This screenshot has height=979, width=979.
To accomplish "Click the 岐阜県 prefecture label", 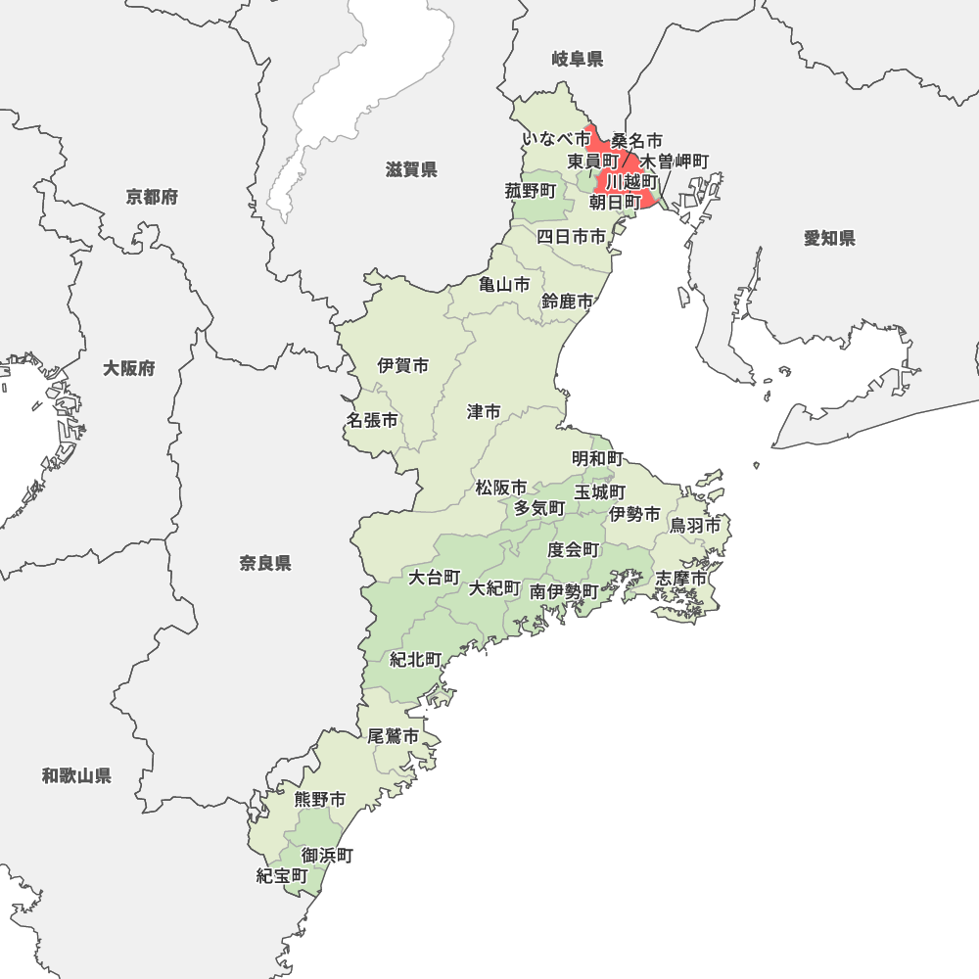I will click(578, 60).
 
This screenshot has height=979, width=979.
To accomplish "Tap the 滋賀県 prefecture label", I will click(411, 170).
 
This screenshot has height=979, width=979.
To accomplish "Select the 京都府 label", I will click(152, 198).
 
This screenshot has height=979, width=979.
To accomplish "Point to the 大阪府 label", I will click(129, 369).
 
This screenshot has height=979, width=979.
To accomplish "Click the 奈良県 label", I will click(265, 563).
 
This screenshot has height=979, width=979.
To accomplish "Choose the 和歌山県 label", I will click(76, 776).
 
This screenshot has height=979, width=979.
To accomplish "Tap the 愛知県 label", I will click(829, 238).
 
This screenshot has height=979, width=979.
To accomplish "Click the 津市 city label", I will click(484, 412).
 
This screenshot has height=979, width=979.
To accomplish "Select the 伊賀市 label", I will click(403, 366).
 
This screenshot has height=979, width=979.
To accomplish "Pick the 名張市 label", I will click(372, 421).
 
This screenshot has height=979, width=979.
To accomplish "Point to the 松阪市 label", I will click(501, 488).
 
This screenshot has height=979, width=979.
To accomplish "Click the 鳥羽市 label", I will click(695, 526).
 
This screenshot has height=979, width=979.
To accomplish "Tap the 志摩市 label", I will click(680, 579).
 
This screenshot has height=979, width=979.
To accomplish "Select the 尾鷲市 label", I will click(394, 736).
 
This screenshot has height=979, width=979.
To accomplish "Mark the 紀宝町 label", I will click(282, 876).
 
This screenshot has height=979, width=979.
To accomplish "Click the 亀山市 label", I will click(504, 285).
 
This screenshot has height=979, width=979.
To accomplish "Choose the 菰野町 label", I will click(531, 191).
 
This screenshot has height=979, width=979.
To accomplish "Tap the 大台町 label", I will click(434, 577).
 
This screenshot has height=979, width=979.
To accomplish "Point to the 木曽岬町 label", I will click(675, 161).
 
